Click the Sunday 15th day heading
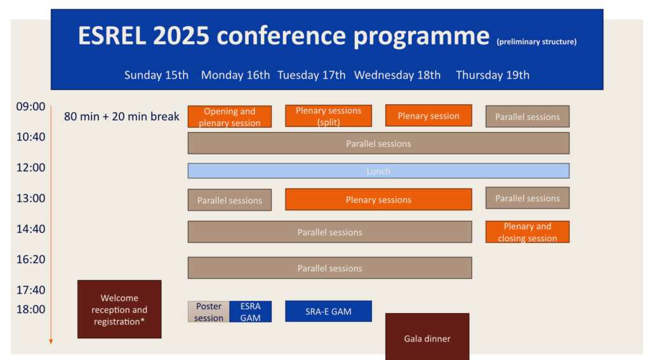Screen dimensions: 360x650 [x=156, y=75]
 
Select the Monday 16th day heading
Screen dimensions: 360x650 [x=235, y=75]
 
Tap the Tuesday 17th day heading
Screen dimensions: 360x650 [x=312, y=75]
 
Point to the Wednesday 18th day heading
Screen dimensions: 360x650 [x=397, y=75]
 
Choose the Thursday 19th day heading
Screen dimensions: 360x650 [x=493, y=75]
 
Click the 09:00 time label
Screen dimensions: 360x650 [x=30, y=107]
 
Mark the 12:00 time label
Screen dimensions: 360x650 [x=30, y=168]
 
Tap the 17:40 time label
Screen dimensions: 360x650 [x=30, y=290]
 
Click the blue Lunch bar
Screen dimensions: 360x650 [x=378, y=171]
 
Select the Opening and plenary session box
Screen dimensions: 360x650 [x=230, y=117]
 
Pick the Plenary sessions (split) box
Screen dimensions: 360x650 [x=328, y=116]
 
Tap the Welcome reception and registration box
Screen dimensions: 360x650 [x=119, y=309]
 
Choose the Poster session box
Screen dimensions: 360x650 [x=209, y=312]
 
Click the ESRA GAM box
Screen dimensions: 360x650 [x=251, y=312]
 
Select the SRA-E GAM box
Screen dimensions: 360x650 [x=328, y=311]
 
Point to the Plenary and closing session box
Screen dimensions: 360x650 [x=527, y=232]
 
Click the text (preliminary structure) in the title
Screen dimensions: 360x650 [x=536, y=42]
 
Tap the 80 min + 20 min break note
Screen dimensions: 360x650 [x=122, y=117]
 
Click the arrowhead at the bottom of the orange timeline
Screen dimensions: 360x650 [x=51, y=342]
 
